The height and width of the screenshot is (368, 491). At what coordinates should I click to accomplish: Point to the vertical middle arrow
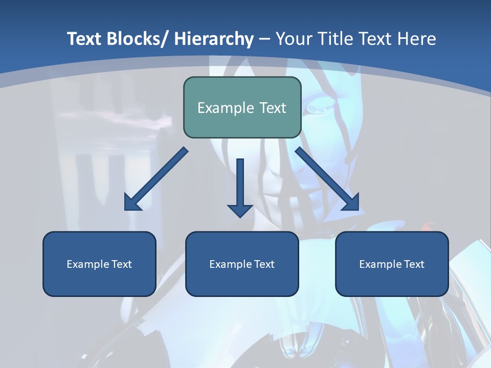(x=240, y=181)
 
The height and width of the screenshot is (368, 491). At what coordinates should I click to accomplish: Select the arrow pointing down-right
(x=327, y=179)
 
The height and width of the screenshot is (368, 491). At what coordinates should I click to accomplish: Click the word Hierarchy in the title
(x=213, y=39)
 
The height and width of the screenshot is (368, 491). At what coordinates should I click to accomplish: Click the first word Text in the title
(x=85, y=39)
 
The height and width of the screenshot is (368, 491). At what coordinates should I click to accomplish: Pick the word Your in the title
(x=295, y=39)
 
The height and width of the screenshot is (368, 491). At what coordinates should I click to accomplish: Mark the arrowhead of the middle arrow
(x=240, y=210)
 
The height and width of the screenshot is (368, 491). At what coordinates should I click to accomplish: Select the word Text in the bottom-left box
(x=121, y=264)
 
